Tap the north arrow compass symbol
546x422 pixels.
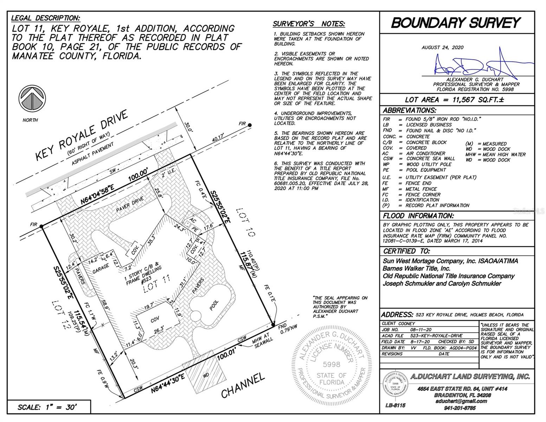click(32, 98)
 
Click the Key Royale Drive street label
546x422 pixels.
click(81, 135)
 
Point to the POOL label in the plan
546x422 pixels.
click(214, 305)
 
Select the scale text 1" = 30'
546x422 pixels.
click(47, 407)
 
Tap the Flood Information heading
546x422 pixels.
click(418, 216)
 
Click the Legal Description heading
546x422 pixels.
click(46, 18)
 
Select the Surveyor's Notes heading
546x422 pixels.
click(309, 24)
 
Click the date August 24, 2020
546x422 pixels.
click(442, 47)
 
